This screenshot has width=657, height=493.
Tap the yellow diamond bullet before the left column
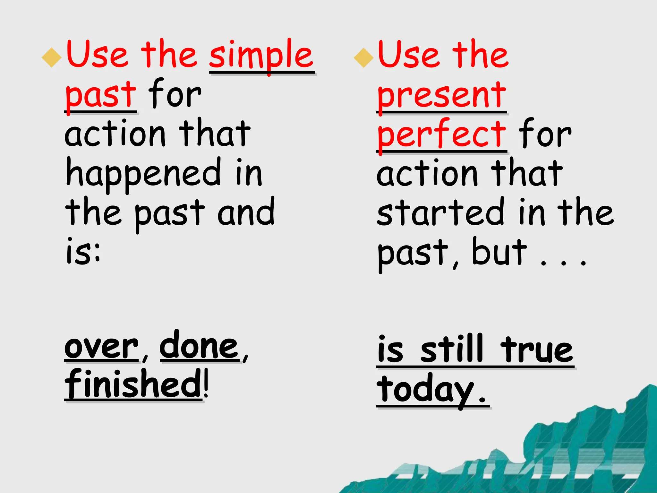click(52, 57)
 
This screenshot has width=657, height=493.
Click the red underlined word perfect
click(441, 134)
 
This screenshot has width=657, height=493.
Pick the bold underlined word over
click(101, 347)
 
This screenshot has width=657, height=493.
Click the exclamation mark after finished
click(206, 384)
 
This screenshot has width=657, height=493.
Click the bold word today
click(425, 390)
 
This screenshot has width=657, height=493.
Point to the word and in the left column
click(246, 212)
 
